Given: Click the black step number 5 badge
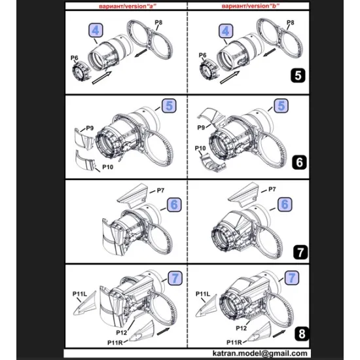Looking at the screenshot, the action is [x=298, y=75].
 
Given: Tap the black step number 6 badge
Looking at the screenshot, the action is [x=299, y=162].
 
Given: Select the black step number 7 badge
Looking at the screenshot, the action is [x=300, y=252].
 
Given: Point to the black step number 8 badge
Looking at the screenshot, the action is [x=302, y=334].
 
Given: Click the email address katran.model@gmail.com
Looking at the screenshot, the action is [x=260, y=353].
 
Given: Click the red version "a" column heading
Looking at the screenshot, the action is [x=128, y=6].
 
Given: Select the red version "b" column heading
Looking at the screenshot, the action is [x=251, y=6].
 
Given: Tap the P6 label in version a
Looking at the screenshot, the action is [x=74, y=58].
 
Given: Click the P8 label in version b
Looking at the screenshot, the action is [x=291, y=22].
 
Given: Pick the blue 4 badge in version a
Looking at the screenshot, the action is [x=96, y=30].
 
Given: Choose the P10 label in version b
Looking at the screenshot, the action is [x=200, y=149].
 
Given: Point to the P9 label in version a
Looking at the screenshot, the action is [x=90, y=128].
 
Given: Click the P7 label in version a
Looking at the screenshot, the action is [x=160, y=190].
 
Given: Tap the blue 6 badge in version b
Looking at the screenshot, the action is [x=285, y=204].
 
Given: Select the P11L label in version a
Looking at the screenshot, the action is [x=80, y=294].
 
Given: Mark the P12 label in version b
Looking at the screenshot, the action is [x=242, y=329].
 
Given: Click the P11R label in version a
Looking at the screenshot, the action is [x=115, y=343].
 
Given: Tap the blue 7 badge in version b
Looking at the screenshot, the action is [x=292, y=278].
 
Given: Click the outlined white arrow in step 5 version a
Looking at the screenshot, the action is [x=101, y=78].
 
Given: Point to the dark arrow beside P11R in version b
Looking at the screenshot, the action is [x=279, y=334].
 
